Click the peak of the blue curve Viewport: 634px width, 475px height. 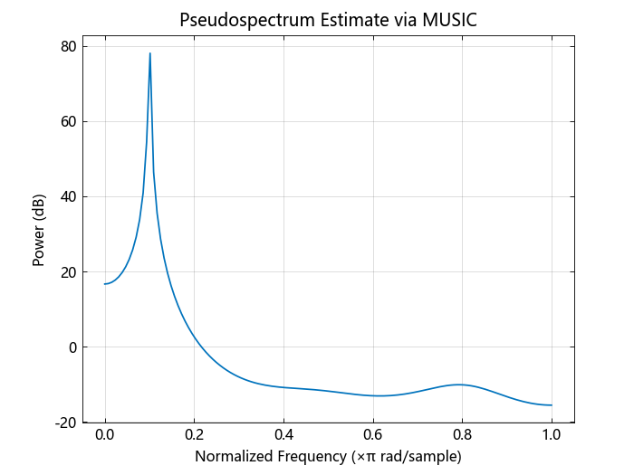[149, 53]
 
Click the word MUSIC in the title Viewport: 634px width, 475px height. [449, 20]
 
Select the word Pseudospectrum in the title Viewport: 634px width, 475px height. [236, 20]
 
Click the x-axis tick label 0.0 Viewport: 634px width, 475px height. [105, 435]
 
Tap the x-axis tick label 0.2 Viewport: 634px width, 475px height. [194, 435]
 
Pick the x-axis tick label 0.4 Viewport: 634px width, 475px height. [283, 435]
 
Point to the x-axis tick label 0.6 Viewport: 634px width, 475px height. [372, 435]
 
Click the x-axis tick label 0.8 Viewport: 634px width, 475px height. [462, 435]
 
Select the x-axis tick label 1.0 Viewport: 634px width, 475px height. [551, 435]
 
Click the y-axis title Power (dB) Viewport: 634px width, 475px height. [39, 234]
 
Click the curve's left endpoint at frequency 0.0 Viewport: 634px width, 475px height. [105, 284]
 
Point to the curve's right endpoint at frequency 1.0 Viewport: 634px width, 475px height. [551, 405]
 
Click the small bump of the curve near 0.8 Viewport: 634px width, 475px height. [460, 385]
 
